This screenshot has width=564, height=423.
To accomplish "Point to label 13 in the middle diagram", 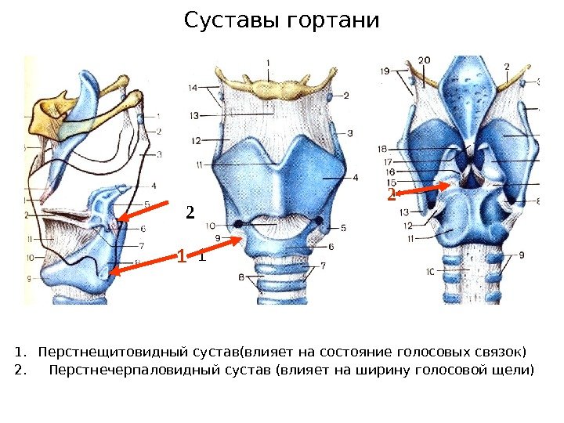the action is pos(193,116).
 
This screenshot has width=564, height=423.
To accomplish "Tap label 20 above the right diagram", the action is pos(425,60).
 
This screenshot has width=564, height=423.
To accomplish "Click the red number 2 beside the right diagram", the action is pos(390,193).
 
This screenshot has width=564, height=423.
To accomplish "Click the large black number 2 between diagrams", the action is pos(189,212).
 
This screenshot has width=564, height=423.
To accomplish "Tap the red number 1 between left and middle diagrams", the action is pos(181,256).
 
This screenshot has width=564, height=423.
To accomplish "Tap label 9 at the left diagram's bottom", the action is pos(29,278).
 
